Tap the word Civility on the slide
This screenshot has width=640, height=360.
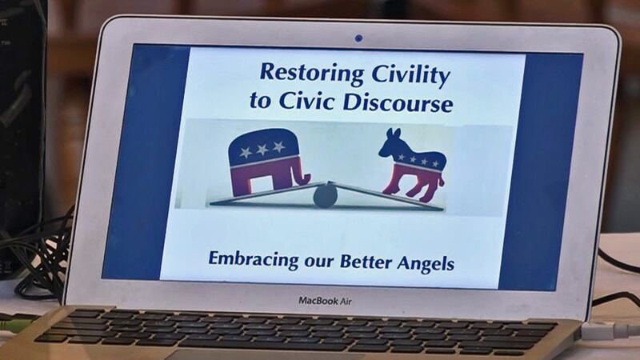pyautogui.click(x=410, y=76)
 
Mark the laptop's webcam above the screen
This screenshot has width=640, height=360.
pyautogui.click(x=358, y=38)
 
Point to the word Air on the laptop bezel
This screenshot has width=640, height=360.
pyautogui.click(x=343, y=300)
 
